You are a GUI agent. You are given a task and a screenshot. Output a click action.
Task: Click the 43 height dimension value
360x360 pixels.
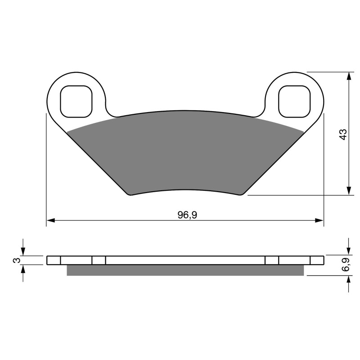(x=343, y=134)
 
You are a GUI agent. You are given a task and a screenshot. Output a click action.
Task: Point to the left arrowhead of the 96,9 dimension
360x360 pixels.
(x=51, y=220)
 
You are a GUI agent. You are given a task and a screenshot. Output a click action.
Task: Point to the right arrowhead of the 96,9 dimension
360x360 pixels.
(x=319, y=220)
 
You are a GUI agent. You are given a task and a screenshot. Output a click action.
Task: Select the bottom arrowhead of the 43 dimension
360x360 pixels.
(x=349, y=191)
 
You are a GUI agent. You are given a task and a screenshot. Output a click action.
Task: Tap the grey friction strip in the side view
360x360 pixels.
(x=184, y=270)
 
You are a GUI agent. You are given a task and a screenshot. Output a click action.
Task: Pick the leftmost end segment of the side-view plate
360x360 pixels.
(x=54, y=261)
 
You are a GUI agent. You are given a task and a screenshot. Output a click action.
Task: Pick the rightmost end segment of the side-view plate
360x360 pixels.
(x=317, y=261)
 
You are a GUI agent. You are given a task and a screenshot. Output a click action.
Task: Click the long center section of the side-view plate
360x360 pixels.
(x=184, y=261)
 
